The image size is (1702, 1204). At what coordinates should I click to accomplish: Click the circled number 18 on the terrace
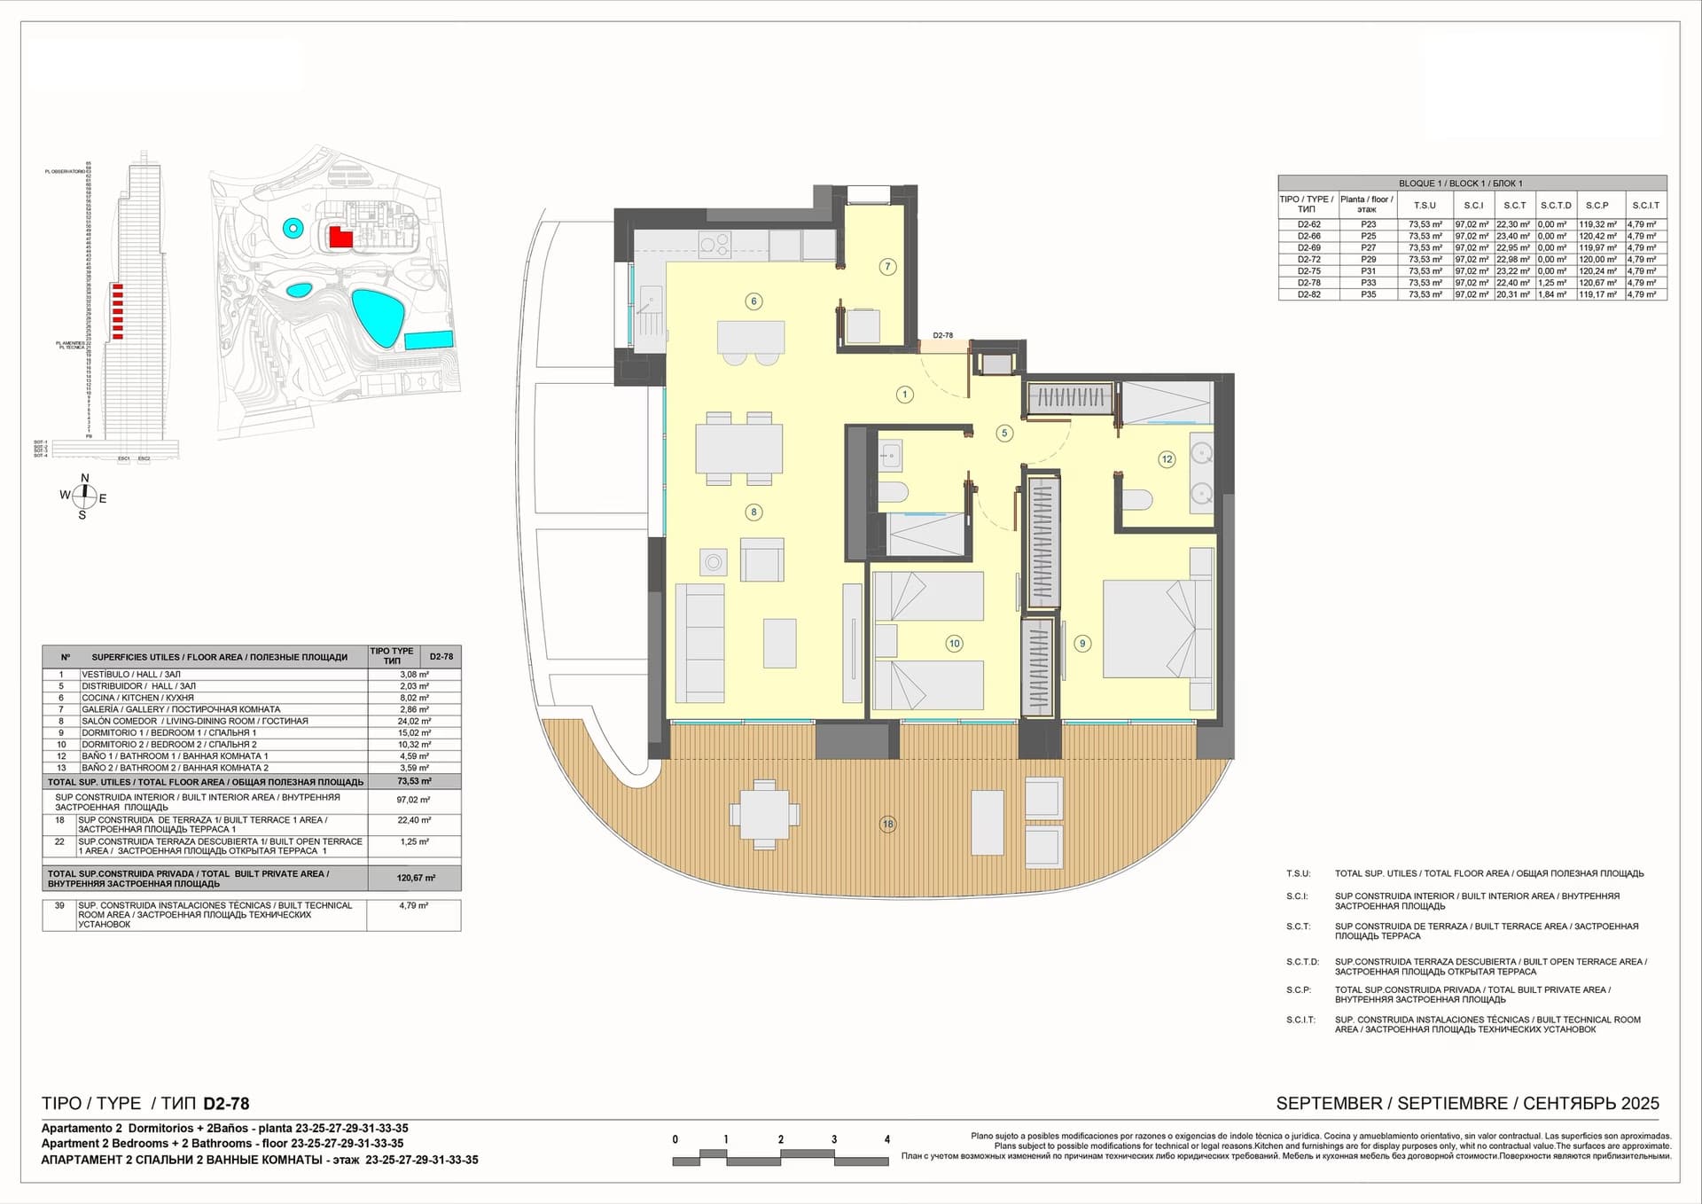(x=887, y=824)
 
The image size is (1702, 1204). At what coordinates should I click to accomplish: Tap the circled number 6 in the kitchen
(x=753, y=301)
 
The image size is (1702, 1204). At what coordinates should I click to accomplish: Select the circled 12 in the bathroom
(x=1167, y=459)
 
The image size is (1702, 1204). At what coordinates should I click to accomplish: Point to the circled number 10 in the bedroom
(x=954, y=644)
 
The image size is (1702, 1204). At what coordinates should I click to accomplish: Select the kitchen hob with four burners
(x=714, y=244)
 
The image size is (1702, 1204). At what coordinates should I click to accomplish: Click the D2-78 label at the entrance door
(x=942, y=336)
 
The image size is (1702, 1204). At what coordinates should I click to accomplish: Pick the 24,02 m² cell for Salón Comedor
(x=414, y=721)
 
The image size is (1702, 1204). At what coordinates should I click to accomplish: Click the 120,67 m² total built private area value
(x=415, y=878)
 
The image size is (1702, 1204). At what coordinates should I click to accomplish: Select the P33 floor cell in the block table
(x=1369, y=283)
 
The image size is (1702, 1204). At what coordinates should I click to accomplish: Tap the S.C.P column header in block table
(x=1597, y=205)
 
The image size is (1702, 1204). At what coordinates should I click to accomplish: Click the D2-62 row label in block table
(x=1308, y=225)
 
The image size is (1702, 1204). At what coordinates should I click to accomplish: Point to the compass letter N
(x=85, y=479)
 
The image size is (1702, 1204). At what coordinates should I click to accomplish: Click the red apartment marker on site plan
(x=340, y=237)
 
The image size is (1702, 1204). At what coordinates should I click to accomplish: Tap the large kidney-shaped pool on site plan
(x=379, y=317)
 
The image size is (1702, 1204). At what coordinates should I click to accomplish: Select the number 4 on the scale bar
(x=886, y=1139)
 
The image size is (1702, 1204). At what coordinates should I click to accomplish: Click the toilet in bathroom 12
(x=1136, y=500)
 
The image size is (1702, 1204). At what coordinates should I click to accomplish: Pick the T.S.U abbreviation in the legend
(x=1298, y=873)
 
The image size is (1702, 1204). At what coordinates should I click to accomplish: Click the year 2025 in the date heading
(x=1640, y=1103)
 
